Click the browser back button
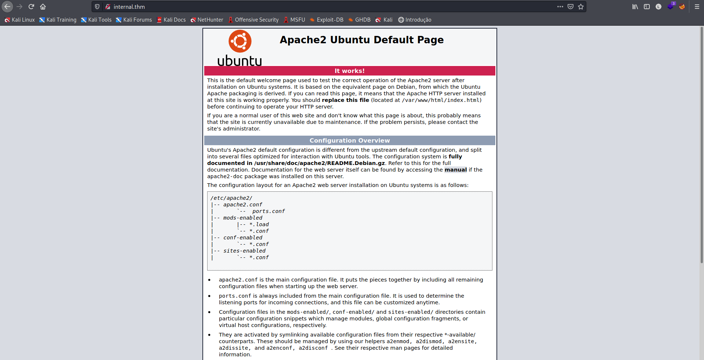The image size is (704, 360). point(7,7)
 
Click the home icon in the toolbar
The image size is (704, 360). point(43,7)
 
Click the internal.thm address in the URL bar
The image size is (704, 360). point(129,7)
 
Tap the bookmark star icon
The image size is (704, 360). point(581,7)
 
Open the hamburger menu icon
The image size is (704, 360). point(697,7)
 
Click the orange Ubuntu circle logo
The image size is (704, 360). point(240,41)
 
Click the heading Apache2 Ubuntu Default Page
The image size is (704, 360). point(362,40)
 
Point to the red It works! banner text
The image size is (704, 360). point(349,71)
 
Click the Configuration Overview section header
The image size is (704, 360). point(349,140)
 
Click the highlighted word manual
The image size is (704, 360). point(455,170)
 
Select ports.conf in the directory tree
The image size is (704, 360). point(268,211)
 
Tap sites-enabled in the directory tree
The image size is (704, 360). point(244,251)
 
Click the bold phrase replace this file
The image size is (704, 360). point(345,100)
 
